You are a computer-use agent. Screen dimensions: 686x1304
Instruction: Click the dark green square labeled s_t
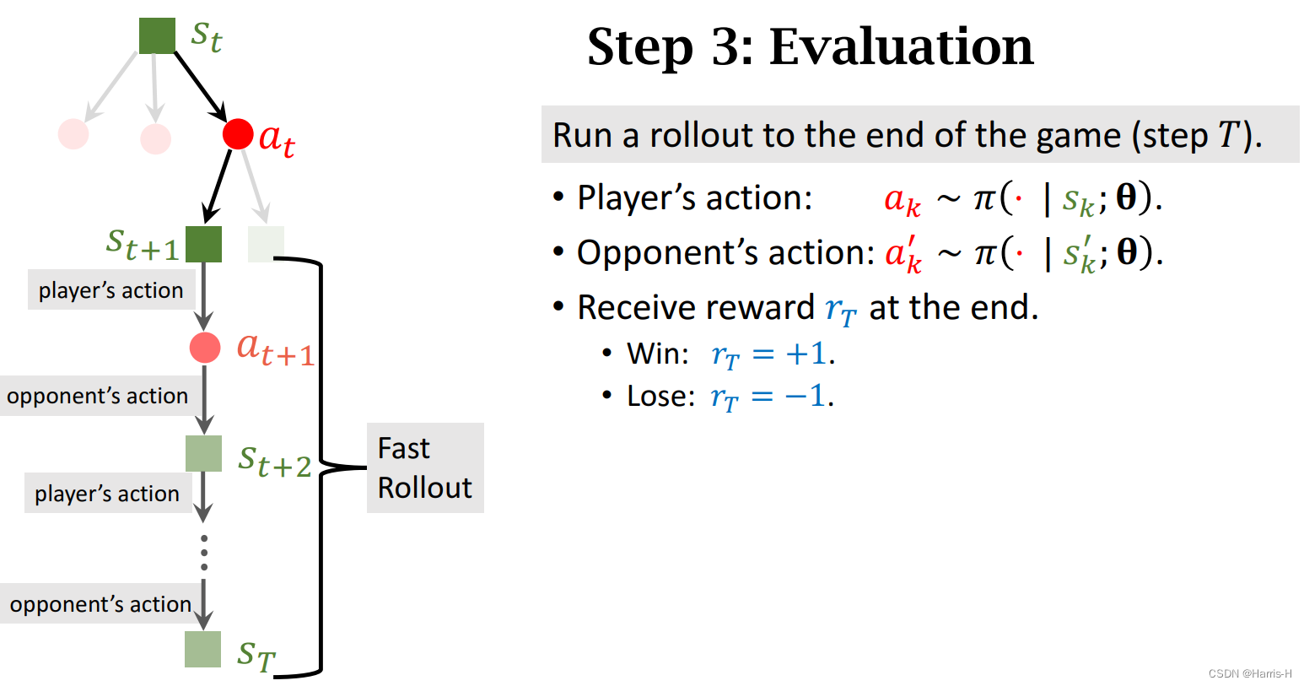pyautogui.click(x=157, y=35)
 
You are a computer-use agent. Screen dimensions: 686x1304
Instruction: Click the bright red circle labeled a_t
pyautogui.click(x=238, y=133)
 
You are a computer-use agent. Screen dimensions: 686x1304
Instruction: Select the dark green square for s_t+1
pyautogui.click(x=203, y=244)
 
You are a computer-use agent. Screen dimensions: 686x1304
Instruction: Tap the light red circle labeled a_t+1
pyautogui.click(x=205, y=347)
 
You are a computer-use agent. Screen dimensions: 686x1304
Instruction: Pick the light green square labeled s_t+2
pyautogui.click(x=203, y=453)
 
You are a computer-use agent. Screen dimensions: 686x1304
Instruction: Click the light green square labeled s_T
pyautogui.click(x=202, y=649)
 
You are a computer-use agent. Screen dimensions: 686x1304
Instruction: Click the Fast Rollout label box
pyautogui.click(x=425, y=467)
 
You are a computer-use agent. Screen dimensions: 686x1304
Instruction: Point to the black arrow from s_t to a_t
pyautogui.click(x=201, y=86)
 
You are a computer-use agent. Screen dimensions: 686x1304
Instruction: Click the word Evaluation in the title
pyautogui.click(x=901, y=46)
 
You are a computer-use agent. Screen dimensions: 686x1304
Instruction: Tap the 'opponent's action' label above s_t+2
pyautogui.click(x=97, y=396)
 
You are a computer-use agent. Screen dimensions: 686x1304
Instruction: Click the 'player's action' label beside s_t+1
pyautogui.click(x=110, y=290)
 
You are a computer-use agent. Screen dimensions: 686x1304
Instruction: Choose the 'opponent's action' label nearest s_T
pyautogui.click(x=100, y=604)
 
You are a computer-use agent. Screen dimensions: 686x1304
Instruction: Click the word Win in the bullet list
pyautogui.click(x=658, y=354)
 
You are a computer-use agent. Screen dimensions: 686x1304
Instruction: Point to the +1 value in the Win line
pyautogui.click(x=806, y=354)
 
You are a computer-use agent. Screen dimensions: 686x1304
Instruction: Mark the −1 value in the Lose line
pyautogui.click(x=805, y=396)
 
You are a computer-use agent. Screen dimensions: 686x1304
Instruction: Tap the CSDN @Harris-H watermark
pyautogui.click(x=1249, y=673)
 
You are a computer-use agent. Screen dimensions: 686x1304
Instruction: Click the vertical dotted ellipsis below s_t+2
pyautogui.click(x=203, y=552)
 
